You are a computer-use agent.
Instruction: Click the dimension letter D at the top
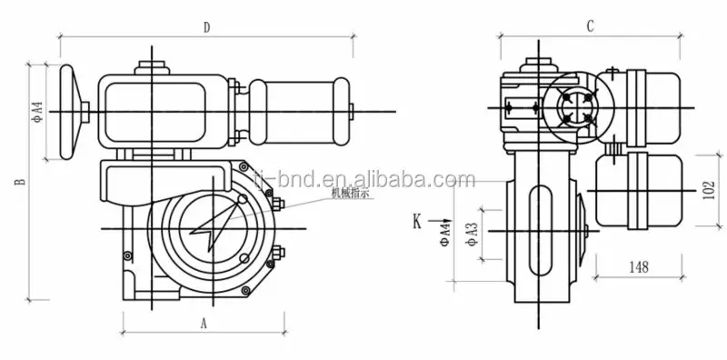click(206, 28)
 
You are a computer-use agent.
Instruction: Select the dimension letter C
click(590, 27)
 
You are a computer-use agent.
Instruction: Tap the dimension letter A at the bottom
click(204, 322)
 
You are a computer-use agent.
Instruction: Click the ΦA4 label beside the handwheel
click(37, 112)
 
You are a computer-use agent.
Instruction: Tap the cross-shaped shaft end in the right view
click(574, 109)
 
